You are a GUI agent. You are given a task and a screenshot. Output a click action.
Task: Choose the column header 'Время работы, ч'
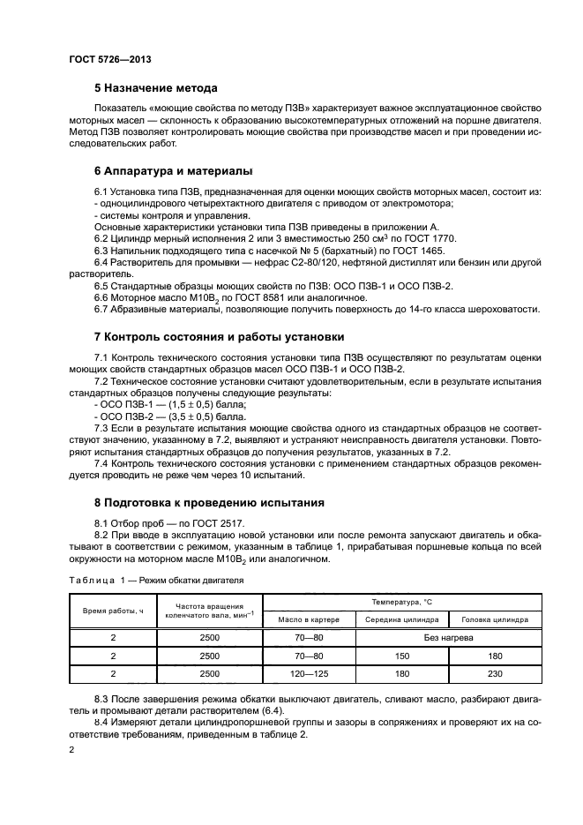pos(113,611)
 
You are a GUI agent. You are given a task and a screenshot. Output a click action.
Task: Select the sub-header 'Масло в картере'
pos(309,620)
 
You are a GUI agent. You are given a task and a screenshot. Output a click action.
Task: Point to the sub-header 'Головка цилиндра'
pos(495,620)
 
